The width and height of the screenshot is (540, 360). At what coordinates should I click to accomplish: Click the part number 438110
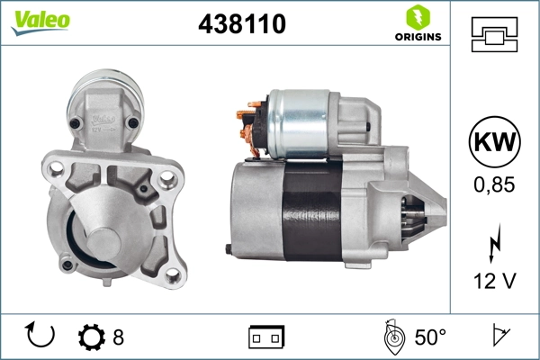(241, 26)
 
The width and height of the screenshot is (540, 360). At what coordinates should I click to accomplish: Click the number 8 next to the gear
(118, 337)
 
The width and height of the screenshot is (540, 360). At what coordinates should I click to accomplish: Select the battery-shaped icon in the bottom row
(266, 337)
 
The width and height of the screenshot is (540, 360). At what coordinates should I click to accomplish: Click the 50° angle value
(430, 337)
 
